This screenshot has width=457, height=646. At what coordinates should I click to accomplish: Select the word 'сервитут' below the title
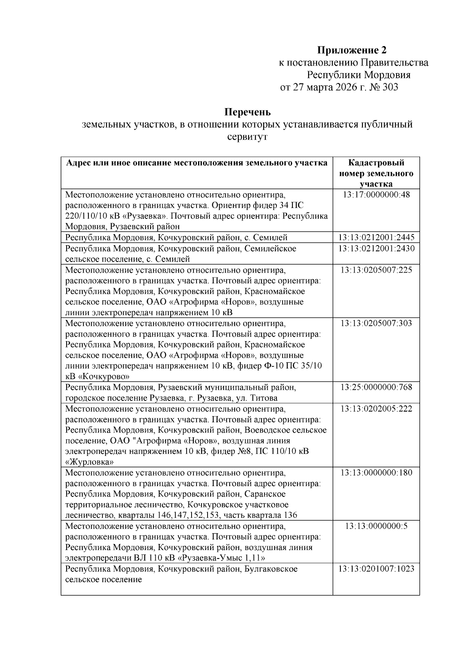247,137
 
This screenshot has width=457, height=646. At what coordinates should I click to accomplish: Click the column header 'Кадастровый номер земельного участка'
376,173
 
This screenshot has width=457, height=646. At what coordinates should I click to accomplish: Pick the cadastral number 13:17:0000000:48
376,195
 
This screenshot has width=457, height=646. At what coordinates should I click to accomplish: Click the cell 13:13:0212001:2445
376,238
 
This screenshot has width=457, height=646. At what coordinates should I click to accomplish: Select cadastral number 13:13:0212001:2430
376,249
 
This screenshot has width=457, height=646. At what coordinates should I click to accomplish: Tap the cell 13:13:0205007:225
376,270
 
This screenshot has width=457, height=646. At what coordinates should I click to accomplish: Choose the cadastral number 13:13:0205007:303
376,324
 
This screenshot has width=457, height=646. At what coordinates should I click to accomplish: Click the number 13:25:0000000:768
376,388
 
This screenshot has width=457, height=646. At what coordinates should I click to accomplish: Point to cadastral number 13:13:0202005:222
376,409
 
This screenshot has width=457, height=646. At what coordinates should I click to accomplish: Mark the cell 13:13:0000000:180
376,473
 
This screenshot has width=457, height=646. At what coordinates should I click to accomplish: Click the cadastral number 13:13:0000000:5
376,526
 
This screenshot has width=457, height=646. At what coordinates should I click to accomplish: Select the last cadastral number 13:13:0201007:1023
376,569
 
